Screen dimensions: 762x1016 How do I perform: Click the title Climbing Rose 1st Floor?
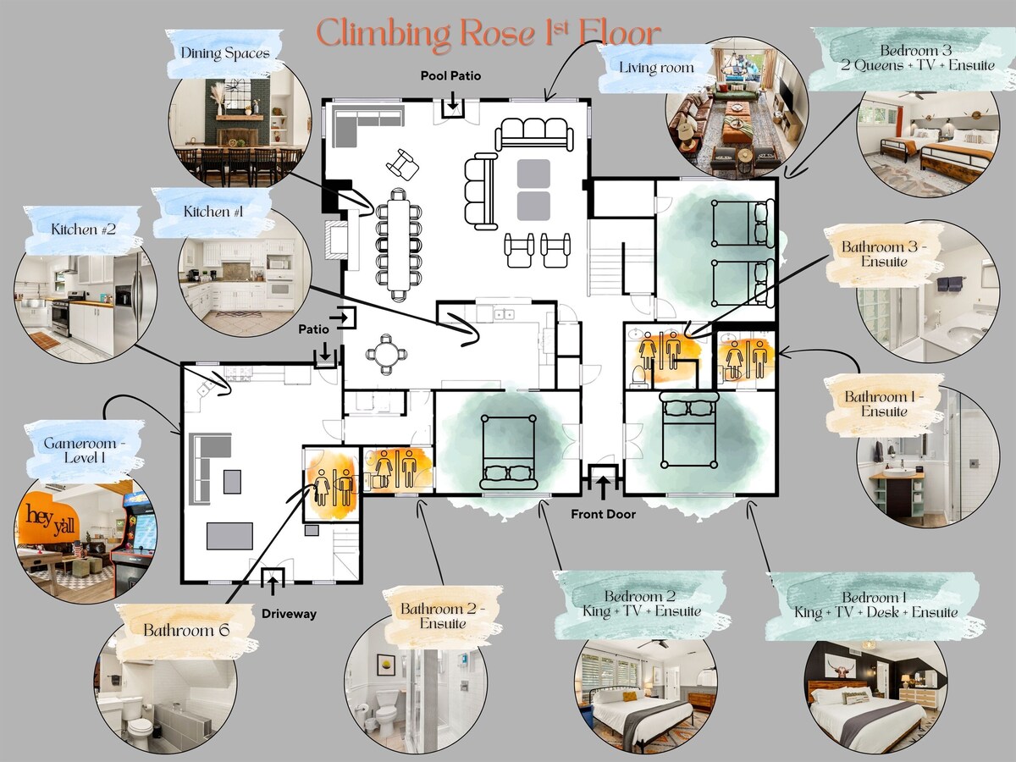coord(488,34)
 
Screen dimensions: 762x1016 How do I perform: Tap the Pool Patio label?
coord(450,76)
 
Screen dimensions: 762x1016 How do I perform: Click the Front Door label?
coord(603,514)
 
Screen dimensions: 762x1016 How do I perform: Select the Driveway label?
coord(289,613)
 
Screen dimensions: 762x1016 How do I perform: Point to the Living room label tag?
coord(656,67)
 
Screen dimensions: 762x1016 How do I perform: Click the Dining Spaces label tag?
coord(224,53)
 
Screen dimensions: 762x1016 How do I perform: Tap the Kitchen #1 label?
coord(213,212)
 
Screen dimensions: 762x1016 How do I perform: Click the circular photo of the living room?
coord(736,110)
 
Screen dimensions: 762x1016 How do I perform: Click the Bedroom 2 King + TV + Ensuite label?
coord(640,604)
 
